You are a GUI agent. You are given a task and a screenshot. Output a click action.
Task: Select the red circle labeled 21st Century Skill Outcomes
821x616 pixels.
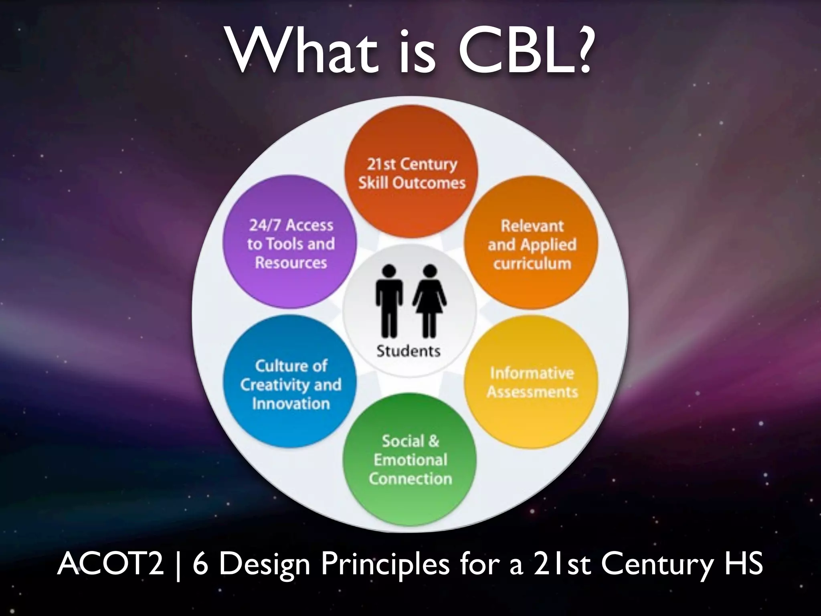411,172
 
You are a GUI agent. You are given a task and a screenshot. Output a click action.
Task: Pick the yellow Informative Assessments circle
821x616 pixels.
532,382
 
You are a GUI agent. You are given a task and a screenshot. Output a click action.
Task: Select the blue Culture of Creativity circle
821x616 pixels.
290,384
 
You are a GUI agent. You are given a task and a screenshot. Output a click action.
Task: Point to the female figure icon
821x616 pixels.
429,301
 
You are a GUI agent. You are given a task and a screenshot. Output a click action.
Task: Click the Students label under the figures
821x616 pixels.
408,351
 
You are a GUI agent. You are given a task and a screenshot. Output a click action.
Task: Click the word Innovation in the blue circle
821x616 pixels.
291,403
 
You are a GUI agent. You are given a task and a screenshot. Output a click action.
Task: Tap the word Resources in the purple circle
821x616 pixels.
291,263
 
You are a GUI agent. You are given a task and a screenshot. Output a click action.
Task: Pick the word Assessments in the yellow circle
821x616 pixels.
532,392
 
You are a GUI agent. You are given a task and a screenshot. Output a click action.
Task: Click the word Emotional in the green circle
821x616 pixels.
410,460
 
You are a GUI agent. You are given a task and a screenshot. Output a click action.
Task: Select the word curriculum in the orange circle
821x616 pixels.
532,264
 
